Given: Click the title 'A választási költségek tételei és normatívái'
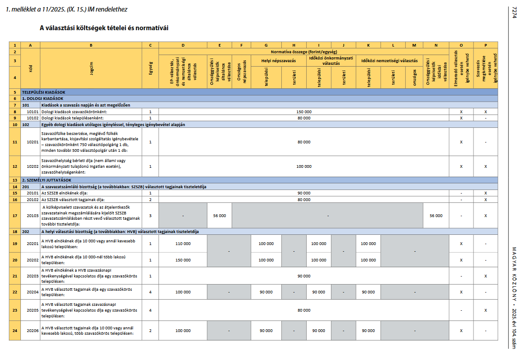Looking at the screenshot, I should [x=104, y=28].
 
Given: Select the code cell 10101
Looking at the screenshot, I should [x=32, y=112].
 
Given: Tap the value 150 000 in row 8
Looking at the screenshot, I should [x=304, y=112].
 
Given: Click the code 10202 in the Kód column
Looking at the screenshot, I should [x=32, y=166].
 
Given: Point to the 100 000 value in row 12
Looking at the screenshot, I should [x=304, y=166].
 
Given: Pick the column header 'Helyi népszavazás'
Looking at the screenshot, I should [x=278, y=60].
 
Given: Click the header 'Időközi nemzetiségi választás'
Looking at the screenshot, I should [x=389, y=60].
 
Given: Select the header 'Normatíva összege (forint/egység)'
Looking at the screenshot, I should [x=304, y=51].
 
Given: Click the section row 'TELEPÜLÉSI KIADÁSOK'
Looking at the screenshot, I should [x=43, y=92].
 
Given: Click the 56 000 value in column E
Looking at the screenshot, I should [x=219, y=216].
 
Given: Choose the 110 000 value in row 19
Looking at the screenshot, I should [x=183, y=244].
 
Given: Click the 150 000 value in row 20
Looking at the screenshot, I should [x=183, y=260].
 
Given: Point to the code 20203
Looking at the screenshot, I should [x=32, y=276].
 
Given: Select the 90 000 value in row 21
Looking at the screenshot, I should [x=304, y=276].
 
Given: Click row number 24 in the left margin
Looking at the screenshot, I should [x=15, y=330].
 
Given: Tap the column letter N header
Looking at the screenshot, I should [x=436, y=45].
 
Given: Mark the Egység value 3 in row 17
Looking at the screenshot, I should [x=150, y=216].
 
